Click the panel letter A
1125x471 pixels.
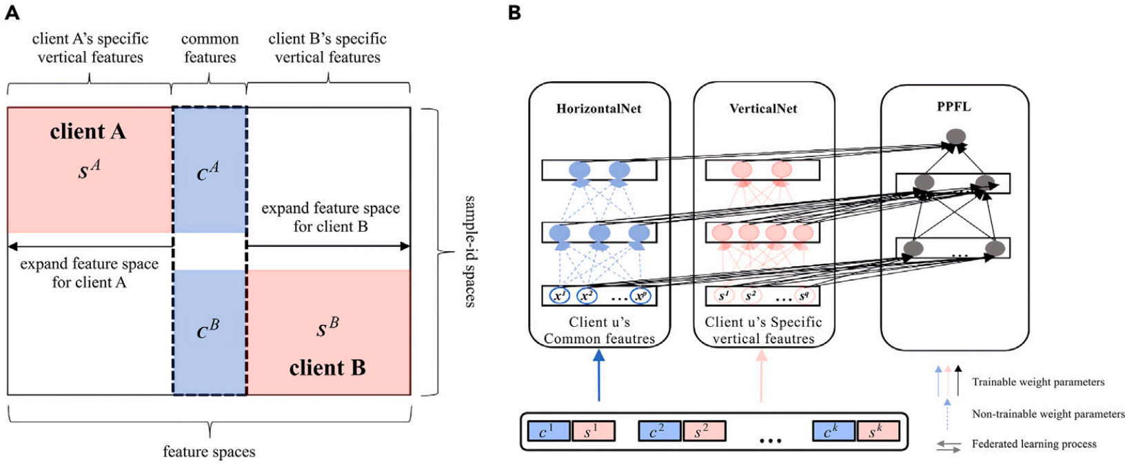(12, 12)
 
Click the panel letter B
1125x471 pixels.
(514, 12)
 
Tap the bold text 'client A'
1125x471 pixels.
(88, 132)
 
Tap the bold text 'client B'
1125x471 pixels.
(327, 368)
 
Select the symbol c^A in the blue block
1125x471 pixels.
(208, 172)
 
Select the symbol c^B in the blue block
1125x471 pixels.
(208, 330)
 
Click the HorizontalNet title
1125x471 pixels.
(598, 108)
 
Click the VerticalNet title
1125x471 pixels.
(763, 108)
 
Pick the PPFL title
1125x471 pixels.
(954, 106)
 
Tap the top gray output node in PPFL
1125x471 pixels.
(955, 137)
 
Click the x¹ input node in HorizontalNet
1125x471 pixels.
(560, 296)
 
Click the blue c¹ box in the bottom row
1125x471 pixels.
(548, 431)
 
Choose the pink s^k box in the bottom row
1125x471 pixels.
(878, 431)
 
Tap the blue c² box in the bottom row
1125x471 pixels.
(659, 431)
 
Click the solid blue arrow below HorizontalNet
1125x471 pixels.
(599, 376)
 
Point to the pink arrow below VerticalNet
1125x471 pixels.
(762, 376)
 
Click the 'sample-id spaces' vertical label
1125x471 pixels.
(469, 251)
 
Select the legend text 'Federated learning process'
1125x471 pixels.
(1034, 444)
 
